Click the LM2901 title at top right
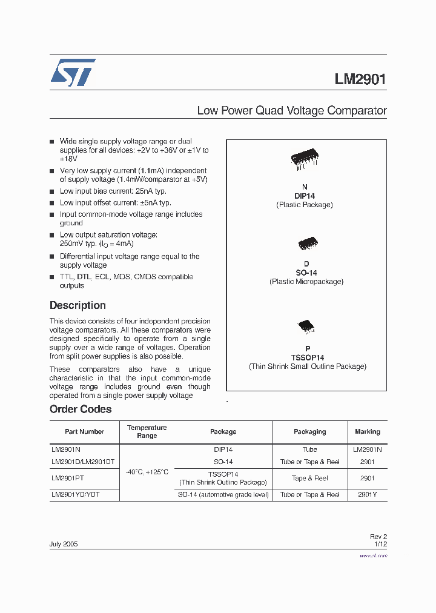point(360,79)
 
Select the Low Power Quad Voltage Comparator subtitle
point(292,111)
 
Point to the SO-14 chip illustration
point(306,244)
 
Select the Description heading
point(78,305)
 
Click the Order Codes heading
point(81,409)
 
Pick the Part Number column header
point(85,432)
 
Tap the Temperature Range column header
point(147,432)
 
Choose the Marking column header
point(367,432)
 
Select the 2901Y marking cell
point(367,495)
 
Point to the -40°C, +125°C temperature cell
point(147,472)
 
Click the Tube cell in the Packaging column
point(309,450)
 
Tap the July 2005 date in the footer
point(64,544)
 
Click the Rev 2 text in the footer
point(378,537)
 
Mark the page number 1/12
point(380,544)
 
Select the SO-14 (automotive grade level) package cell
point(223,495)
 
